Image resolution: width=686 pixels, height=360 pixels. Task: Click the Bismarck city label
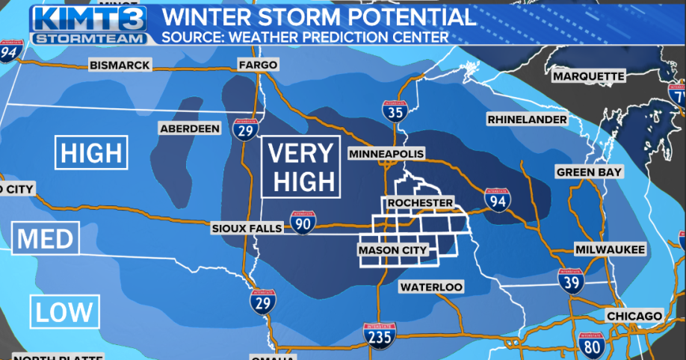pyautogui.click(x=119, y=65)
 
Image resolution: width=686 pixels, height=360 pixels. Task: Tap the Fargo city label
pyautogui.click(x=258, y=65)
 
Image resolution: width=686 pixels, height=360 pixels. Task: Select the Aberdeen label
pyautogui.click(x=190, y=128)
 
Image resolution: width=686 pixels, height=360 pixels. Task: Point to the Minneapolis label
pyautogui.click(x=386, y=154)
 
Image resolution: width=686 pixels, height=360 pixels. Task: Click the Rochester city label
pyautogui.click(x=419, y=202)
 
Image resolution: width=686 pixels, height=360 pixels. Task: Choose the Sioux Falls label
pyautogui.click(x=247, y=228)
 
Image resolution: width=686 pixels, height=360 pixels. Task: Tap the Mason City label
pyautogui.click(x=393, y=249)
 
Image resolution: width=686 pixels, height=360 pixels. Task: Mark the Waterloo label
pyautogui.click(x=430, y=287)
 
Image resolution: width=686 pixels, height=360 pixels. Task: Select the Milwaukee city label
pyautogui.click(x=609, y=249)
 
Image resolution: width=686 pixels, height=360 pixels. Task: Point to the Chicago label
pyautogui.click(x=634, y=316)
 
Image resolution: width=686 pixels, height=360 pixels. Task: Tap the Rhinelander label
pyautogui.click(x=527, y=119)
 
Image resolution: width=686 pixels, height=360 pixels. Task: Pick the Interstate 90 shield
pyautogui.click(x=303, y=222)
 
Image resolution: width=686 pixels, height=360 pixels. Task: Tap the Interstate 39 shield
pyautogui.click(x=569, y=282)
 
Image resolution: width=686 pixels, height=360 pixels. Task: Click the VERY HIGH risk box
pyautogui.click(x=300, y=167)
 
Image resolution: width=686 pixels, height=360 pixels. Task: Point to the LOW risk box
pyautogui.click(x=64, y=311)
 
